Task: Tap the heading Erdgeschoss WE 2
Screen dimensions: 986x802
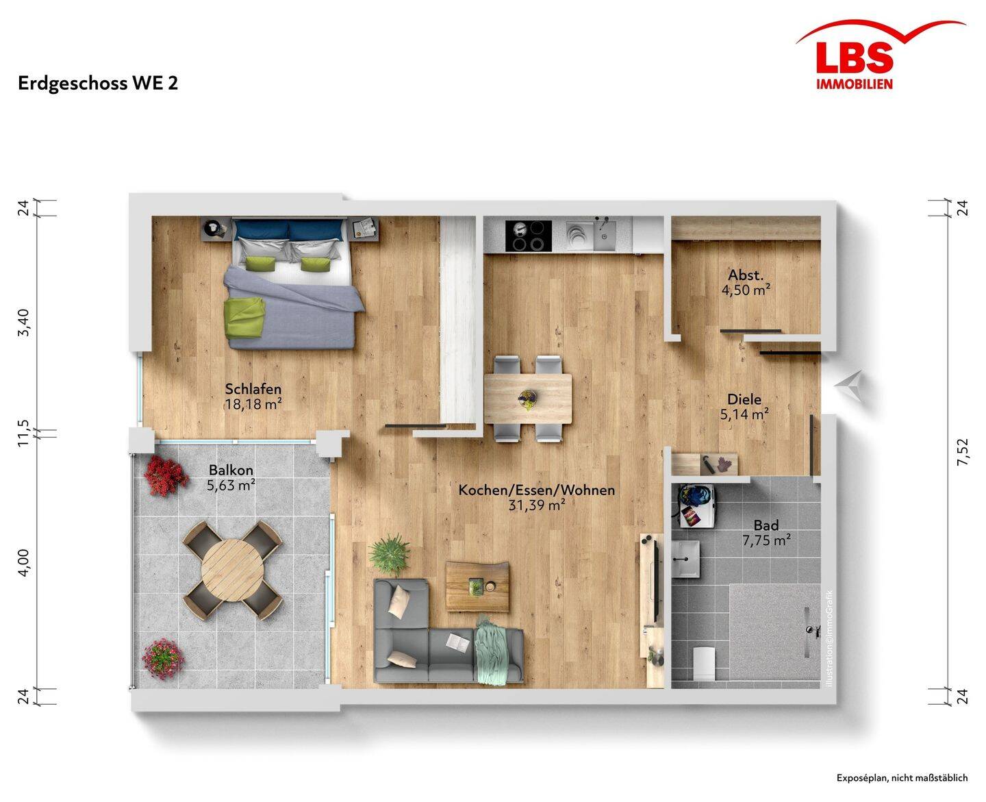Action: click(98, 84)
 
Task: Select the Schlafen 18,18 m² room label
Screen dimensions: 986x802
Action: click(253, 396)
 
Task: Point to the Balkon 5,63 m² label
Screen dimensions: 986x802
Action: click(231, 477)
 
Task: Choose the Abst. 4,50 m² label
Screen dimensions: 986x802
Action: click(745, 282)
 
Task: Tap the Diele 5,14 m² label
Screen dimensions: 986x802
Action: click(744, 406)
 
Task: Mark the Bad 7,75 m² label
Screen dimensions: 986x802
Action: click(766, 533)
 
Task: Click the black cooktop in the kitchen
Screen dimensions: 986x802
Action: click(528, 236)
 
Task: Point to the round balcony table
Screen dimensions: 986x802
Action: click(232, 570)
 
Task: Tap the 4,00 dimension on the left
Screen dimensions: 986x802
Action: click(23, 562)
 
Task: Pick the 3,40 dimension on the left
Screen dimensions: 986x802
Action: click(23, 323)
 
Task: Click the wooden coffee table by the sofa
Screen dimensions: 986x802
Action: click(477, 587)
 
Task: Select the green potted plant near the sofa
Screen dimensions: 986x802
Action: click(390, 554)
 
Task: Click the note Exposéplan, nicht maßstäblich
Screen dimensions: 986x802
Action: click(902, 778)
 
